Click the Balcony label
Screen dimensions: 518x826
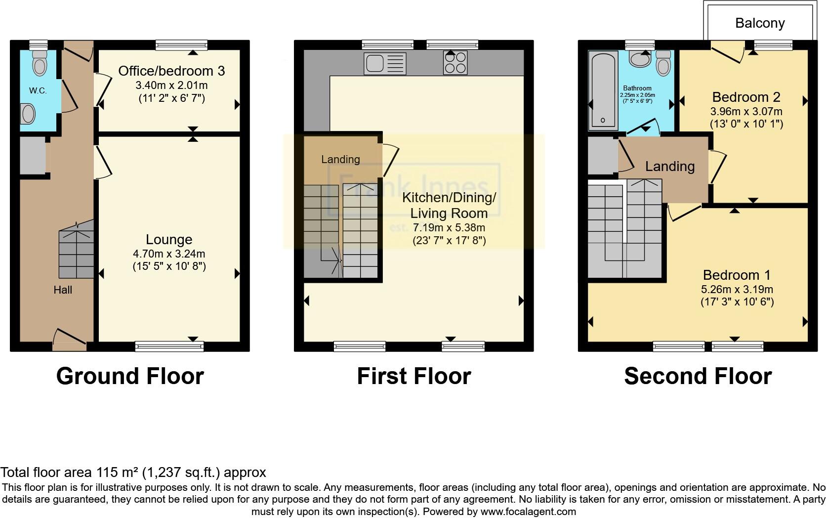(x=760, y=23)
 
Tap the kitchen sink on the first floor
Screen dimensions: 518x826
(x=385, y=63)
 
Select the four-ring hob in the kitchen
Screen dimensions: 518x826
(x=455, y=62)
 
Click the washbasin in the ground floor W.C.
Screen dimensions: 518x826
(x=28, y=114)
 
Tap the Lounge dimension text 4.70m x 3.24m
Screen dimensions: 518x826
(x=169, y=254)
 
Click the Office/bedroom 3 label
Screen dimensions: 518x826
(x=171, y=71)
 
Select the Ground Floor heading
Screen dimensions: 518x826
(x=130, y=376)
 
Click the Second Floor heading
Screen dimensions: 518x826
(x=698, y=376)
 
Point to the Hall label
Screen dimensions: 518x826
(x=63, y=290)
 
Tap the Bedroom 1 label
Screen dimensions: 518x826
(x=737, y=275)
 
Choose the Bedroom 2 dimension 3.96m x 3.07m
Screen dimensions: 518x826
(x=746, y=111)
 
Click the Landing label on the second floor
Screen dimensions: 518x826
(x=669, y=167)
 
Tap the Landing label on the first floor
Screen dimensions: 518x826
(x=340, y=159)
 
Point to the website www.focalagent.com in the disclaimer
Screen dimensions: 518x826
(x=529, y=512)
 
